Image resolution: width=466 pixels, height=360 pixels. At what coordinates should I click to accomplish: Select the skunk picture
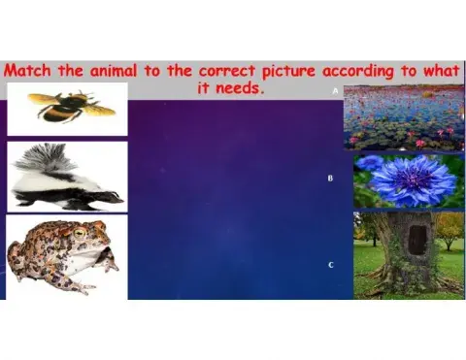(x=66, y=177)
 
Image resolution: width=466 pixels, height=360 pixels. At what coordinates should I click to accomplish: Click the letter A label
(x=335, y=89)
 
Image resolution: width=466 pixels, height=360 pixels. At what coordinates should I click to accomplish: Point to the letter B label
(x=330, y=179)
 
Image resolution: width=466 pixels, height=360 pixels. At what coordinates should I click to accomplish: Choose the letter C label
(x=331, y=265)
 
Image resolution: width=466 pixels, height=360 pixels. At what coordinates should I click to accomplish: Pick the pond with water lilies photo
(x=403, y=116)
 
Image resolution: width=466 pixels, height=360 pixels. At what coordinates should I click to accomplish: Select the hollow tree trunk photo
(x=408, y=254)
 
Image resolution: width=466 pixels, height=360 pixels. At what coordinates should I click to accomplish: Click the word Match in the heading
(x=31, y=71)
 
